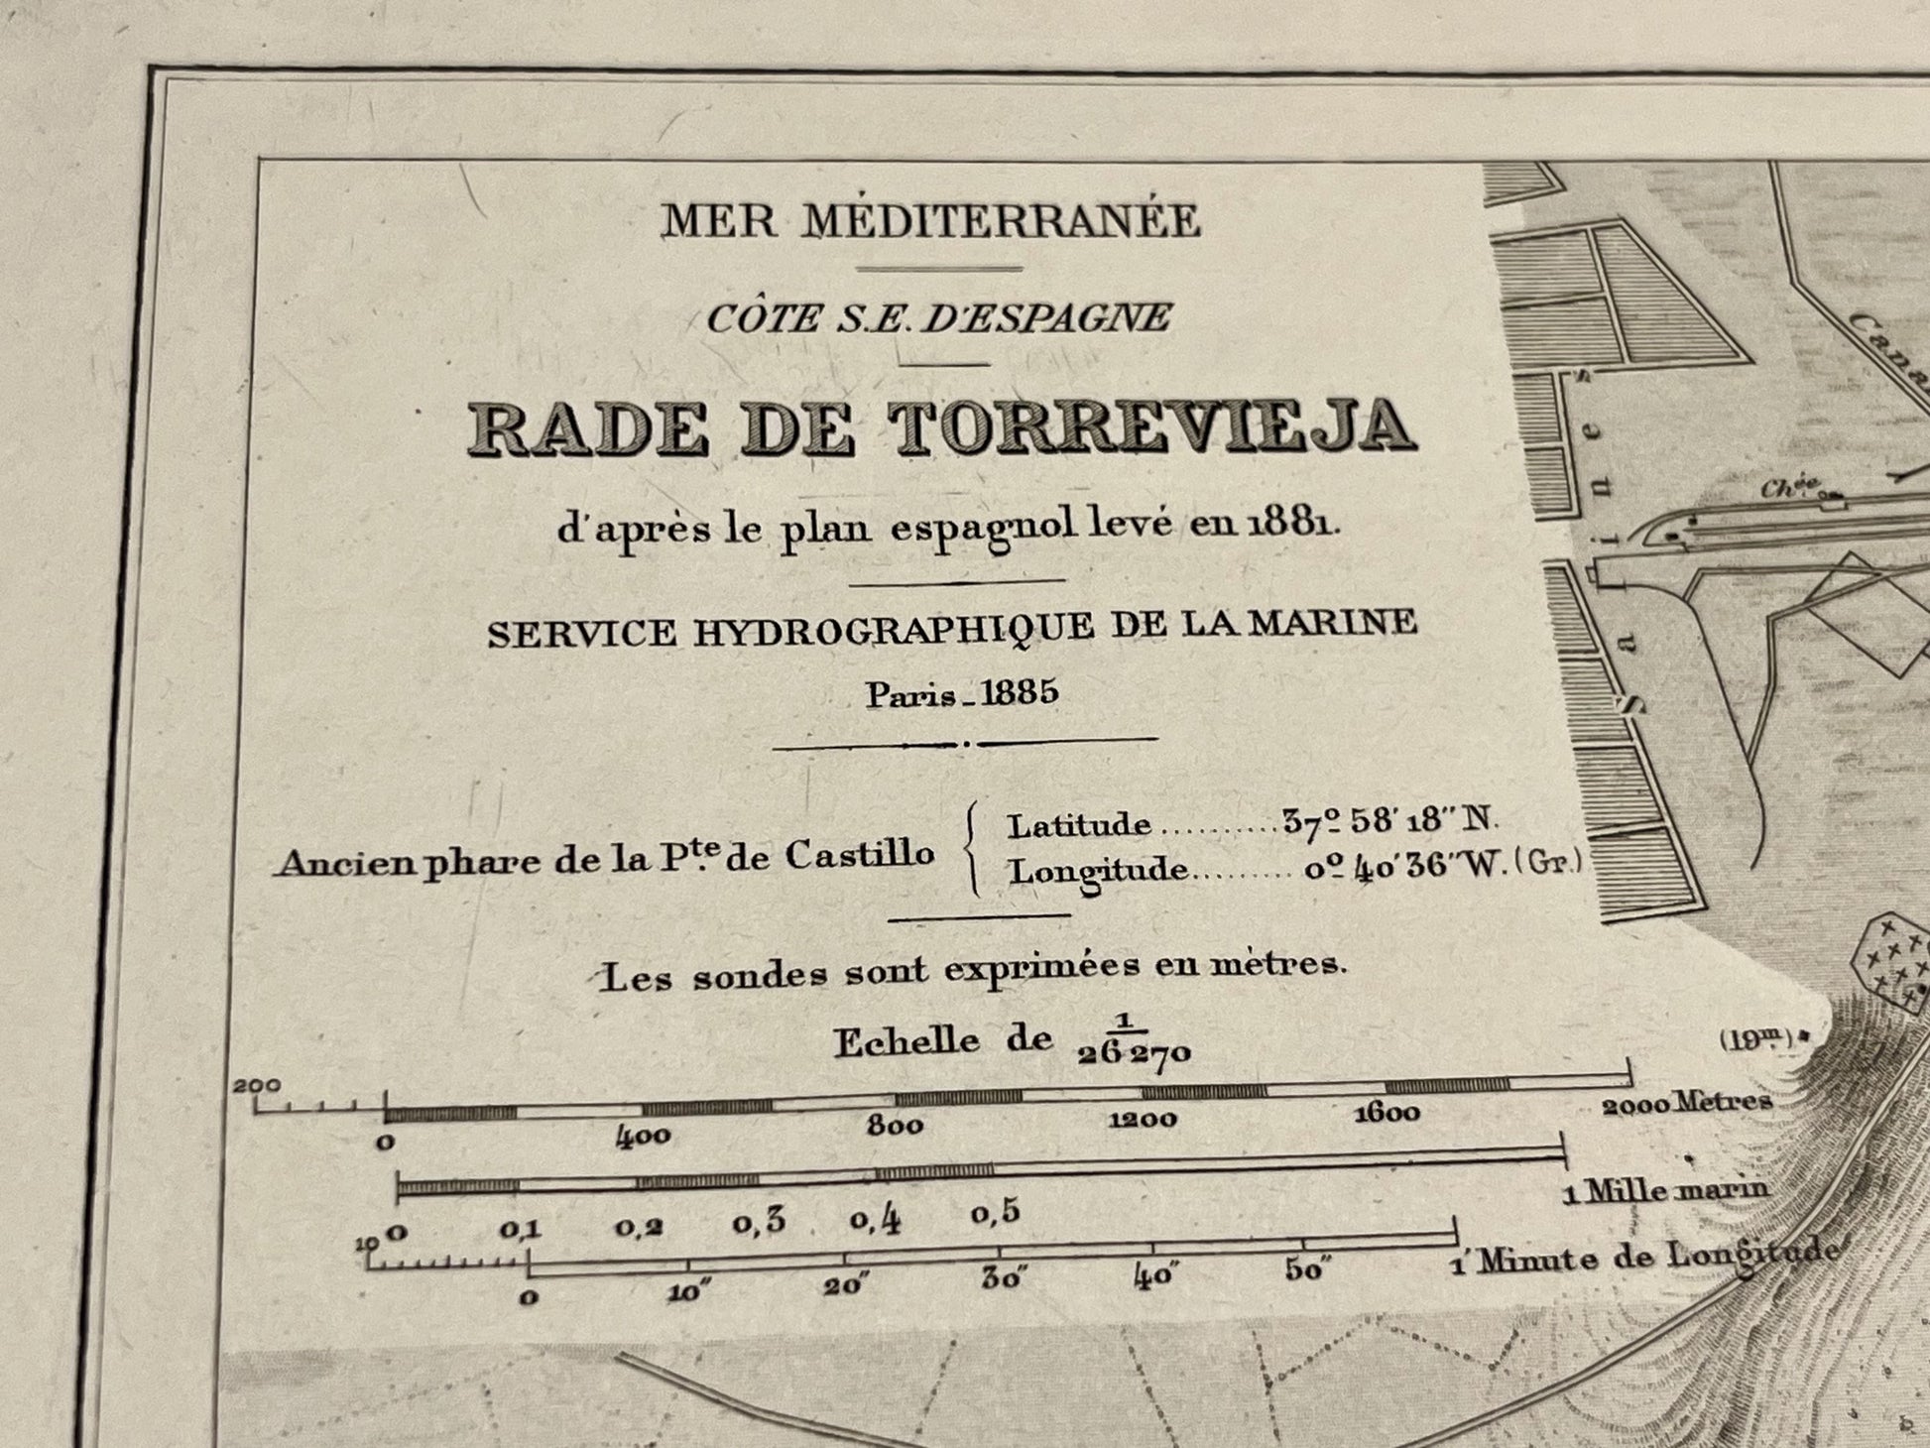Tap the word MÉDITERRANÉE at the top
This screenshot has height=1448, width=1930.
pyautogui.click(x=1002, y=220)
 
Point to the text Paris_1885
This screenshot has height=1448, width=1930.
pyautogui.click(x=962, y=693)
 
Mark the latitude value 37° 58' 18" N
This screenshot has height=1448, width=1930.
pyautogui.click(x=1388, y=821)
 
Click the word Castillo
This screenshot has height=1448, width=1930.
pyautogui.click(x=860, y=854)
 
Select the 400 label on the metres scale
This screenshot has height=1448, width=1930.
pyautogui.click(x=643, y=1137)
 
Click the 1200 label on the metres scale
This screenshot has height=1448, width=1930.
pyautogui.click(x=1143, y=1120)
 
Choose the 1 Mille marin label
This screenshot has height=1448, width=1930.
pyautogui.click(x=1665, y=1190)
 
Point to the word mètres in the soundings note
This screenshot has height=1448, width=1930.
pyautogui.click(x=1289, y=964)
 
